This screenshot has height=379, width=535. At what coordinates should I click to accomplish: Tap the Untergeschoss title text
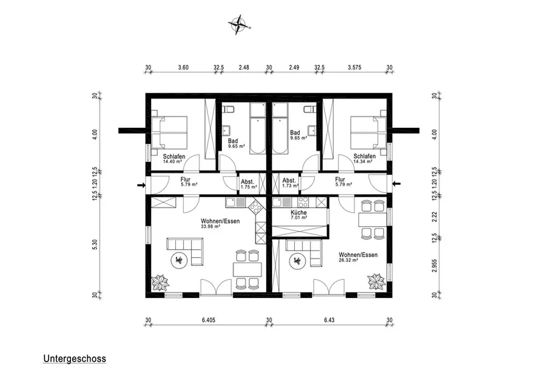[74, 358]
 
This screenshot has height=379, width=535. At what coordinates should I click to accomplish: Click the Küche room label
[299, 212]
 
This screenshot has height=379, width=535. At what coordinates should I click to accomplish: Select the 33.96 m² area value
[211, 226]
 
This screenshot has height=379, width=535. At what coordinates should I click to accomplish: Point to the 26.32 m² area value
[348, 260]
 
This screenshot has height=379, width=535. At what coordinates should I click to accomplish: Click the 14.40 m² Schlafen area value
[173, 161]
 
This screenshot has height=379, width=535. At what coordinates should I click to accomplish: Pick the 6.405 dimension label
[209, 320]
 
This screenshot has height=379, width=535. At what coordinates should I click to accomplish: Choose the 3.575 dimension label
[354, 68]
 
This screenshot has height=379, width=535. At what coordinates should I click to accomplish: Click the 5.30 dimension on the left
[95, 244]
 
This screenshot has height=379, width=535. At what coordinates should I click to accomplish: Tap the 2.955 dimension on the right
[434, 266]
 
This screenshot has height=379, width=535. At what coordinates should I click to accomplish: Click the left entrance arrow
[141, 185]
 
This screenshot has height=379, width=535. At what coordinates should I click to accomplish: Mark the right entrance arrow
[396, 184]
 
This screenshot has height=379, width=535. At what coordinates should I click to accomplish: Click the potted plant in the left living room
[160, 283]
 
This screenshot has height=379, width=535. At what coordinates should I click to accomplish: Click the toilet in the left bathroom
[228, 109]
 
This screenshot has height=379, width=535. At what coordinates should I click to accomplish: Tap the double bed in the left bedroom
[170, 133]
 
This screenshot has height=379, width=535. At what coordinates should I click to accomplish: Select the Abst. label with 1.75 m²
[248, 184]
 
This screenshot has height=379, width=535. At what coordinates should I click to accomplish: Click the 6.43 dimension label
[329, 320]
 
